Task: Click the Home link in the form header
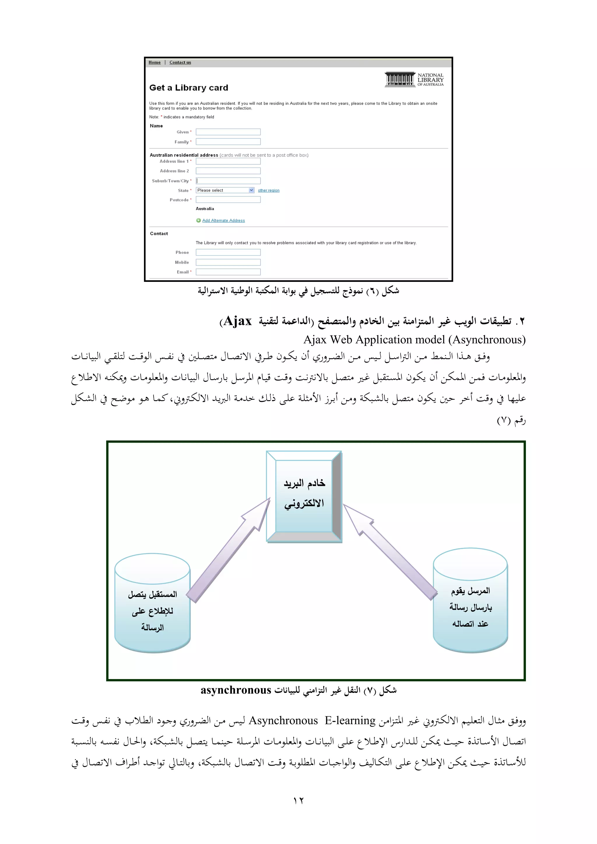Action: (154, 62)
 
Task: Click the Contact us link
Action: (180, 62)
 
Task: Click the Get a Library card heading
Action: (189, 88)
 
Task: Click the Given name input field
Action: (228, 132)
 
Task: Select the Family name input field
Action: (228, 142)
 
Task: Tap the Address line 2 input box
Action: (228, 171)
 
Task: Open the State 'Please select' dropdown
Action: (225, 190)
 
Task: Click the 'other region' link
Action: (268, 190)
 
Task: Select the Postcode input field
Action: (228, 200)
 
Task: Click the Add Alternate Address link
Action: (223, 221)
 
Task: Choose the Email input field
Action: (228, 272)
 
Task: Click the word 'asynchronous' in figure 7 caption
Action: (236, 690)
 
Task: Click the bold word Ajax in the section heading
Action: (238, 321)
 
